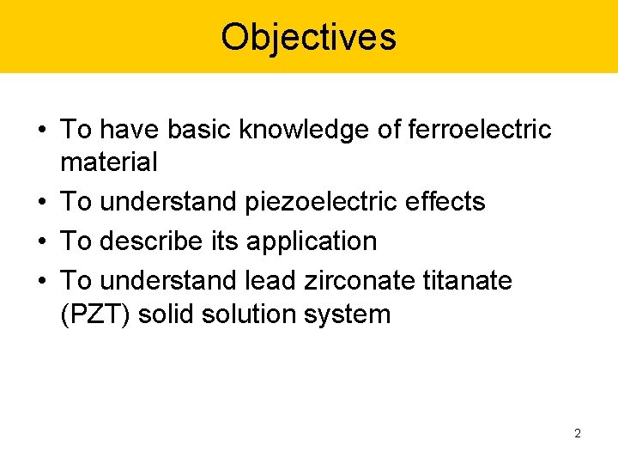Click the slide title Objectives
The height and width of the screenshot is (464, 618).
pyautogui.click(x=308, y=37)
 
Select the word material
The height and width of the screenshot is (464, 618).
pyautogui.click(x=109, y=161)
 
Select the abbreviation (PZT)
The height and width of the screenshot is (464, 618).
pyautogui.click(x=95, y=314)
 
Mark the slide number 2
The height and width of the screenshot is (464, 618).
pyautogui.click(x=578, y=433)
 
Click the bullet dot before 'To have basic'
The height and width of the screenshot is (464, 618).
pyautogui.click(x=42, y=130)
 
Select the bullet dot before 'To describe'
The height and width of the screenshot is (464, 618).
pyautogui.click(x=42, y=241)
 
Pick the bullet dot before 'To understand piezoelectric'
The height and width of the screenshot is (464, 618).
pyautogui.click(x=42, y=202)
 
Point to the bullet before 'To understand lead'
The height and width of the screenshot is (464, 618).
pyautogui.click(x=42, y=280)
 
